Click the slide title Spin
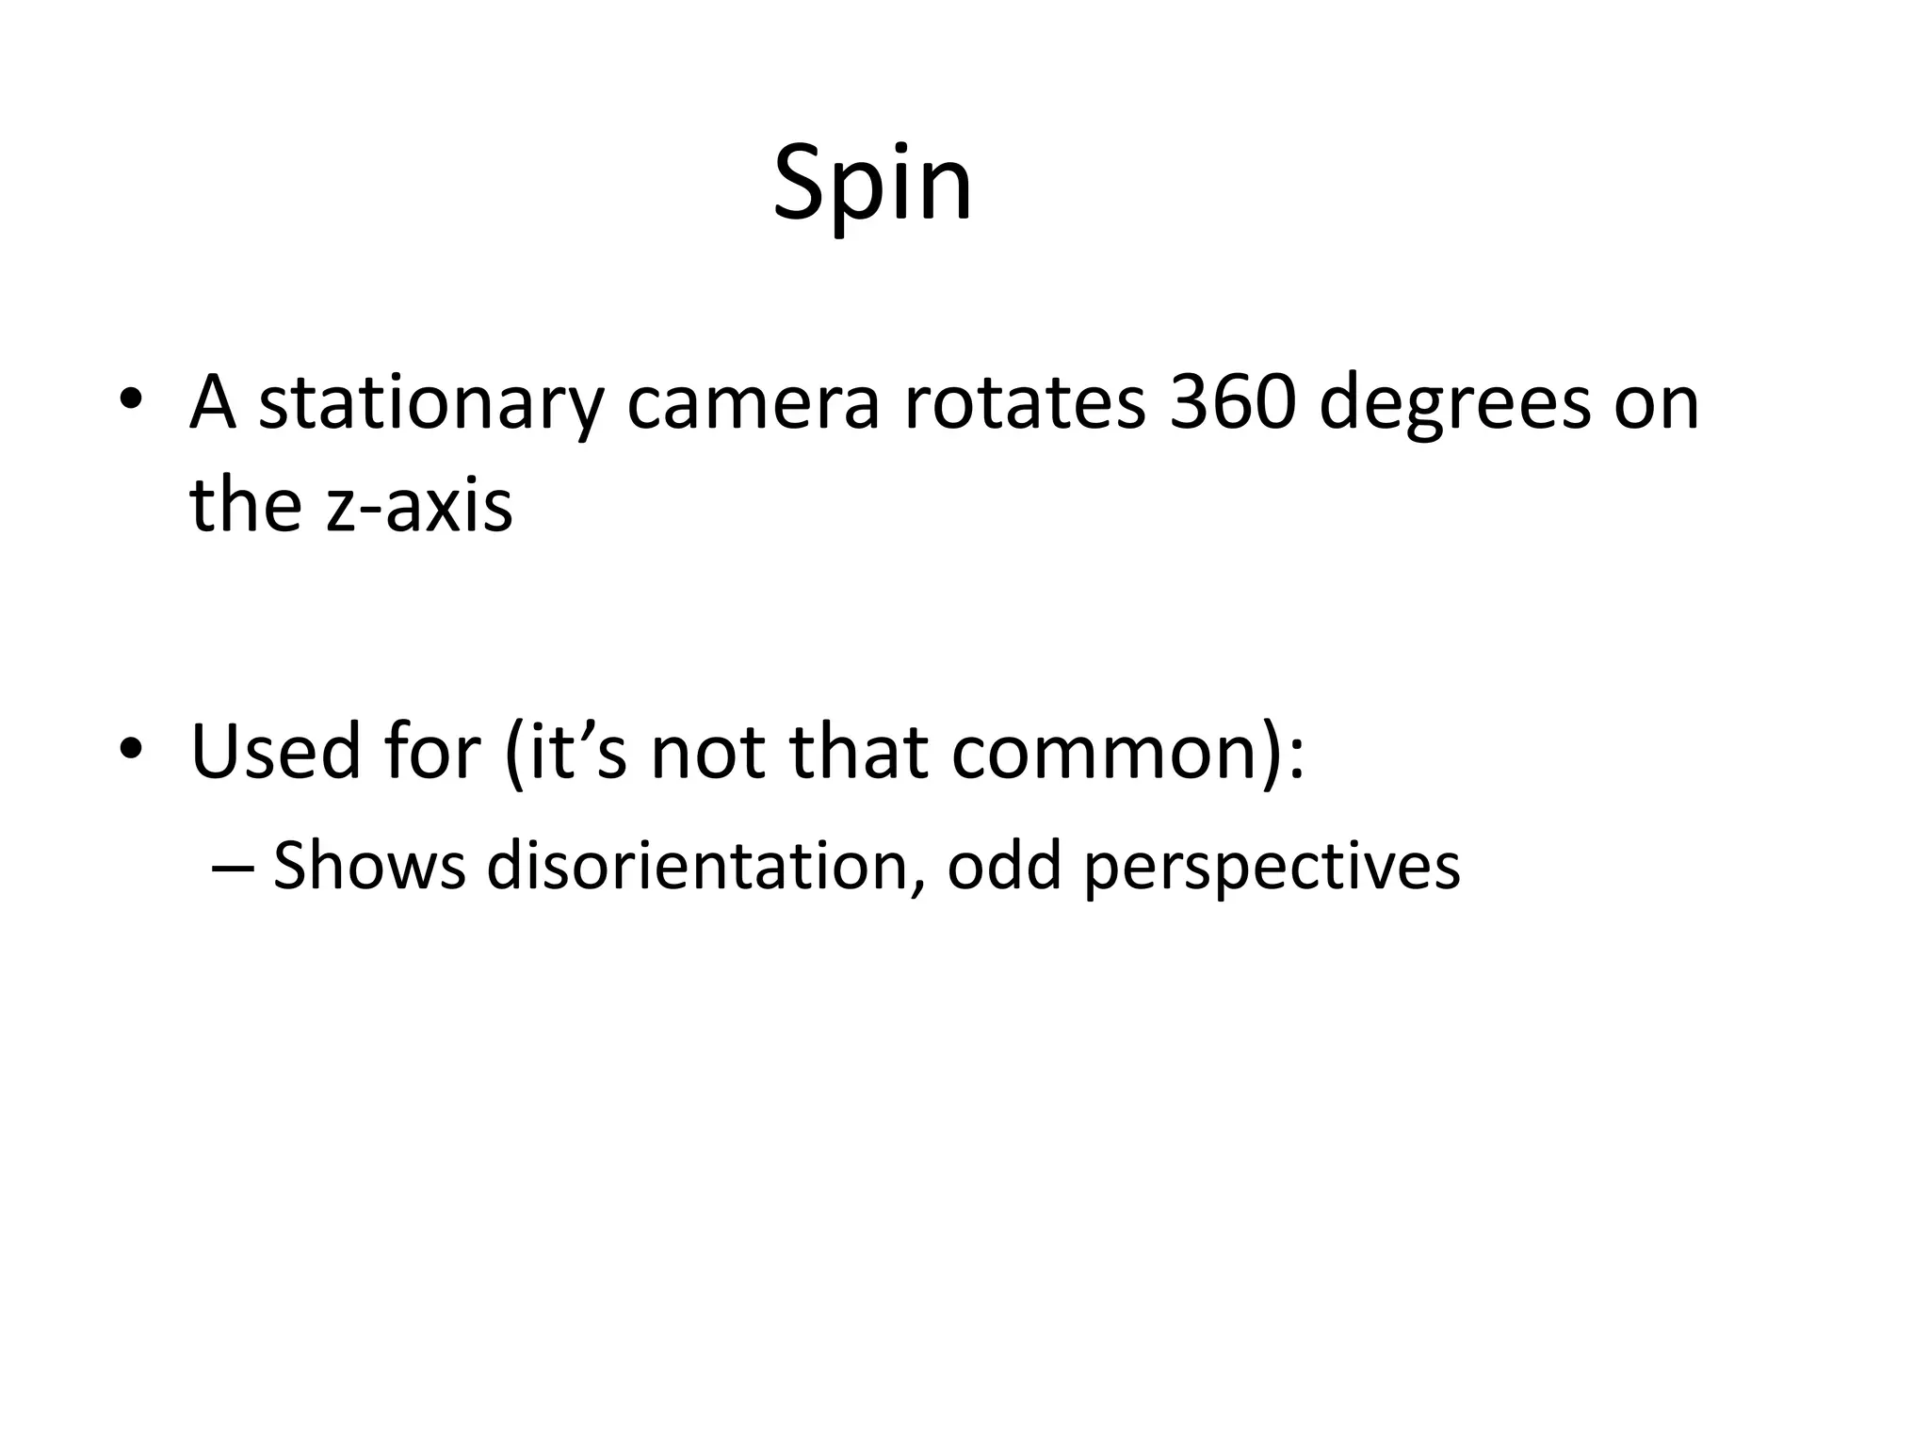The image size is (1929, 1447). tap(872, 185)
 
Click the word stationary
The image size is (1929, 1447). tap(430, 403)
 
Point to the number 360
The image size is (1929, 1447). tap(1230, 403)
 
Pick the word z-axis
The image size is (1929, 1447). tap(419, 505)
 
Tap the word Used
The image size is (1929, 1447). tap(275, 751)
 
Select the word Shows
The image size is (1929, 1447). tap(368, 864)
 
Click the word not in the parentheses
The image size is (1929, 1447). tap(707, 751)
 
